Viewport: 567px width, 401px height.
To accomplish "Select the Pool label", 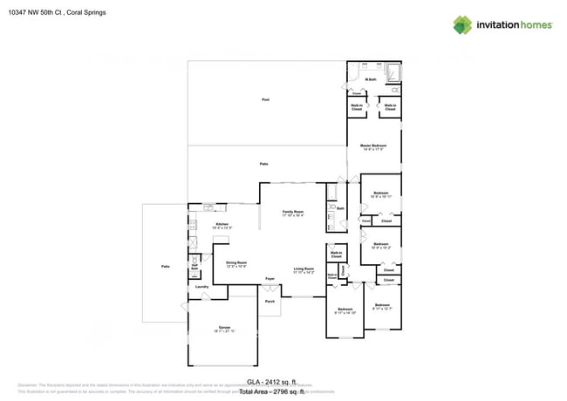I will point(265,100).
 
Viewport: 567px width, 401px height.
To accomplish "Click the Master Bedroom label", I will point(373,146).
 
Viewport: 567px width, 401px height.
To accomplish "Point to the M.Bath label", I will point(371,79).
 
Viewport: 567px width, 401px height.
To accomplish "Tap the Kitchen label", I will point(222,225).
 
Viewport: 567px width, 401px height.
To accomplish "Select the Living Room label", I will point(304,269).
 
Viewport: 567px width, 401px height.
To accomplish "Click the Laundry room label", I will point(201,286).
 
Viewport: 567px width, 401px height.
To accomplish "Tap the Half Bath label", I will point(195,268).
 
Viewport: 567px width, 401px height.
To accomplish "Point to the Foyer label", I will point(270,279).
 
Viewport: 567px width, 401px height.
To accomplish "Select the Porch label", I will point(269,302).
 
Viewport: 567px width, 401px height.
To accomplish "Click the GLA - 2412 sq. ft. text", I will point(271,382).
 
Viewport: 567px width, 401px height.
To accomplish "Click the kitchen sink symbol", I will point(209,207).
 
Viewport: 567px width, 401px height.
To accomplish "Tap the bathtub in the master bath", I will point(392,71).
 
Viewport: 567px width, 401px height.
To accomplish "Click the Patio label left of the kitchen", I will point(165,266).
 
